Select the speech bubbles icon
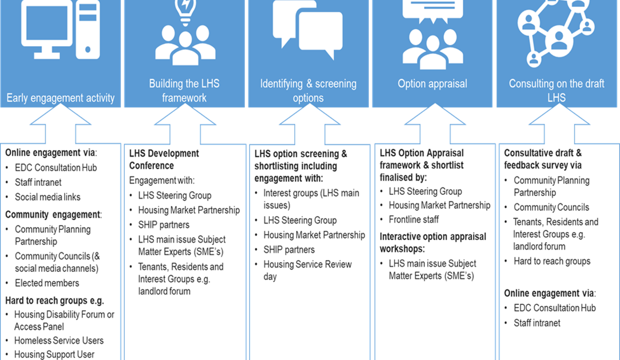pos(308,30)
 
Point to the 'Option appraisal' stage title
pos(432,84)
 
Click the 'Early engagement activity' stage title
pos(60,98)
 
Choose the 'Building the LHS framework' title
pos(184,90)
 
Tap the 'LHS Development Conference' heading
pos(164,159)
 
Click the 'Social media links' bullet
pos(47,197)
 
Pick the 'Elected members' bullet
pos(47,283)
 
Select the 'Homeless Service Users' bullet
pos(58,340)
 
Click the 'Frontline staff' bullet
pos(413,219)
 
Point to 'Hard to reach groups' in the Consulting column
pos(552,261)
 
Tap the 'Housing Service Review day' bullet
pos(307,270)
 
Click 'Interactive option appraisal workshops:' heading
pos(432,242)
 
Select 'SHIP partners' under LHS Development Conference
pos(163,224)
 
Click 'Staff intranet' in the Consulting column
pos(537,323)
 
